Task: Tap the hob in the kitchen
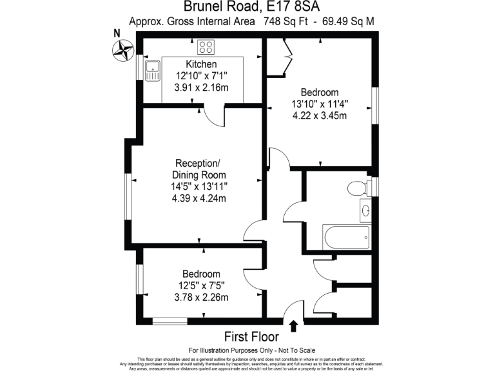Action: point(206,47)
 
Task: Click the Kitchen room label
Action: point(201,64)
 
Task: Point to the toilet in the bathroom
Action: point(356,189)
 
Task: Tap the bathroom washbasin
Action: point(365,210)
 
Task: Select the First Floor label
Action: point(251,337)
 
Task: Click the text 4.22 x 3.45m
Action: point(320,116)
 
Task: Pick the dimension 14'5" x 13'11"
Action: point(199,187)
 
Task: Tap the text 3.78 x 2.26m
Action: point(201,297)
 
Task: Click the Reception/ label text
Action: point(199,163)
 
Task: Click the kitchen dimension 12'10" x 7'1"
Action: point(201,75)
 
